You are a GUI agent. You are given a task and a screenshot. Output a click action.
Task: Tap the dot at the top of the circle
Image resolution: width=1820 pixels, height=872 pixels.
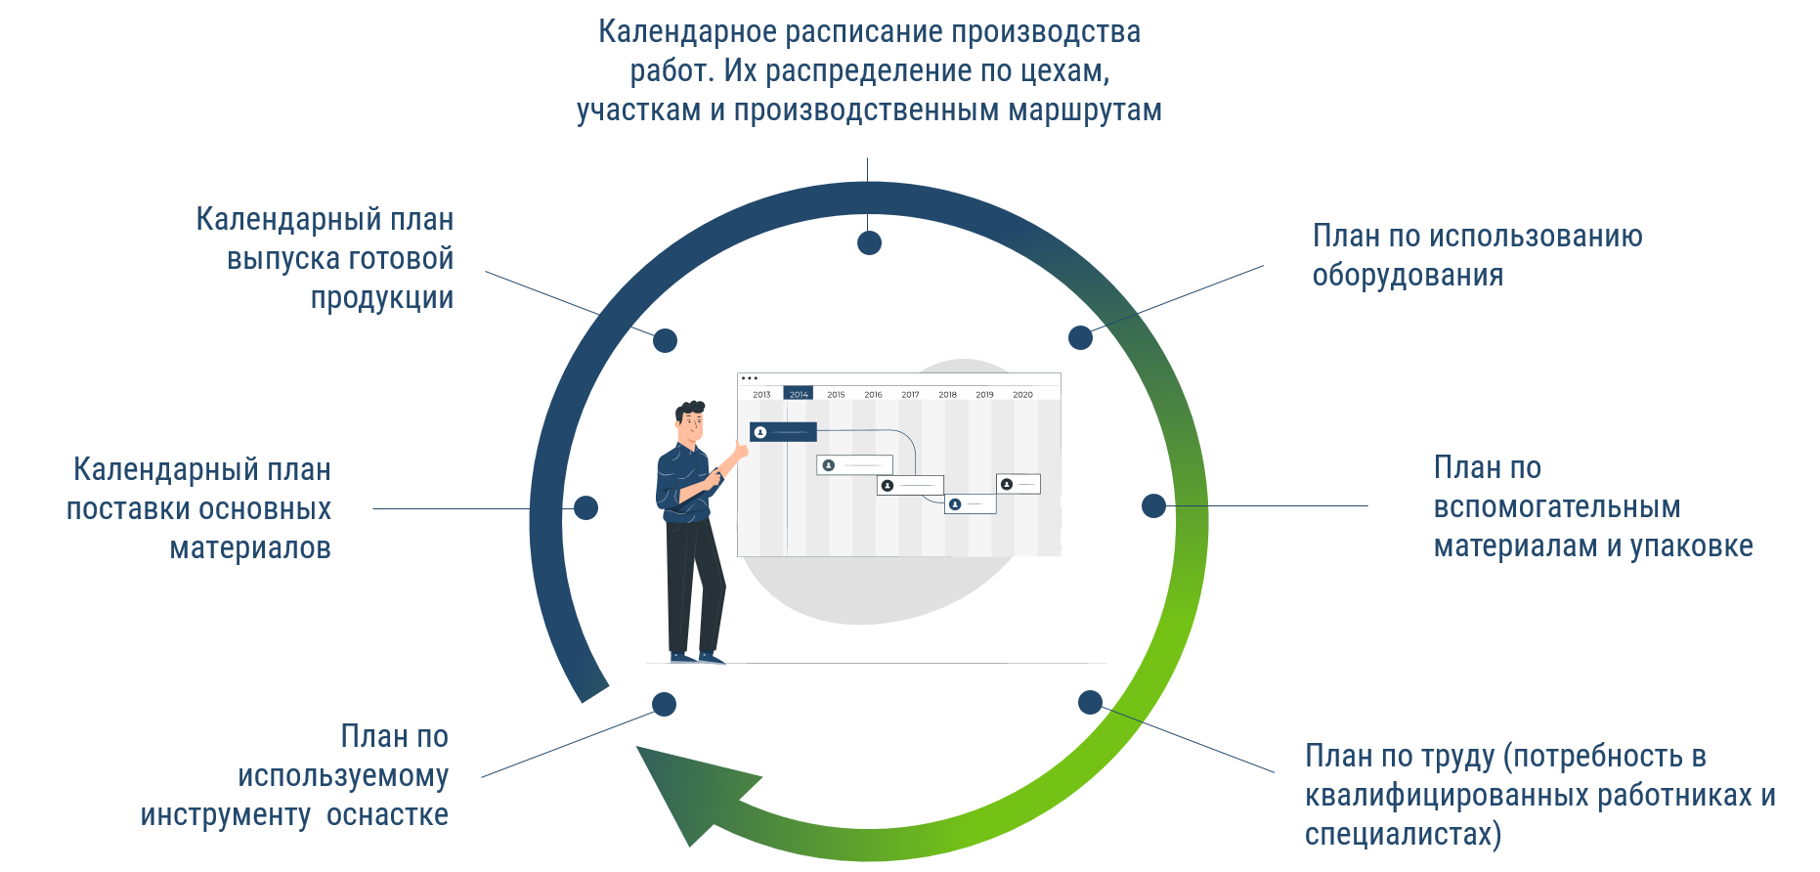[869, 242]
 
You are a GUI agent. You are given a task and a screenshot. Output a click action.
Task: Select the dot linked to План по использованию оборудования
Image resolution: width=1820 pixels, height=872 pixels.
[1080, 337]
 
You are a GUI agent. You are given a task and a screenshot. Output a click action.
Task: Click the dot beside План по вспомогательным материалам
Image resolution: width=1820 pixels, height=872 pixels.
[1153, 505]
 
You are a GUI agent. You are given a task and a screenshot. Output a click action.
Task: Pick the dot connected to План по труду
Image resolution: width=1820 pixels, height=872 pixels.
[1090, 702]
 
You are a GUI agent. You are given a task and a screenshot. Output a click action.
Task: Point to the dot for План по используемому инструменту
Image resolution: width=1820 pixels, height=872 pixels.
[664, 704]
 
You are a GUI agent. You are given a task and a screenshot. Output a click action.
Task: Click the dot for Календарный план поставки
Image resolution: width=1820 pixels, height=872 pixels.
[585, 507]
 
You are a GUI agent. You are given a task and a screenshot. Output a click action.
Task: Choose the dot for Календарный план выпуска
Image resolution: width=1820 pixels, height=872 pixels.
[665, 340]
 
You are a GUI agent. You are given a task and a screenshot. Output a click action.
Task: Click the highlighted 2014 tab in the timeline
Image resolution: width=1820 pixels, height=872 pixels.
[799, 393]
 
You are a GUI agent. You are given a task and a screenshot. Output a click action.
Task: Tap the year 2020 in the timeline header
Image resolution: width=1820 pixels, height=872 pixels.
[1022, 395]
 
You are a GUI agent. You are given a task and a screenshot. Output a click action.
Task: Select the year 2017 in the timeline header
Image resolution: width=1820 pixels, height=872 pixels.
[910, 395]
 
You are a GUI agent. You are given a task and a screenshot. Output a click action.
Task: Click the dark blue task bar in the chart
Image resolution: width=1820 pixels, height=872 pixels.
[783, 432]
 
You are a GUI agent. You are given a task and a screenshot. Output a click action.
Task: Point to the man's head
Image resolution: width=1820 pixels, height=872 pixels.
[689, 421]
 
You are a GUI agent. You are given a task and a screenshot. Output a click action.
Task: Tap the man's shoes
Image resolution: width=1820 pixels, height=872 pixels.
[697, 658]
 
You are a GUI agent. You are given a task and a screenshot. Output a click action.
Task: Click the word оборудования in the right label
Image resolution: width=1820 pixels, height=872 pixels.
[1408, 276]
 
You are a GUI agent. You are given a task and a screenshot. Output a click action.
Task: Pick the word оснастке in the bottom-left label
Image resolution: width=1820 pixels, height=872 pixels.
[387, 815]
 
